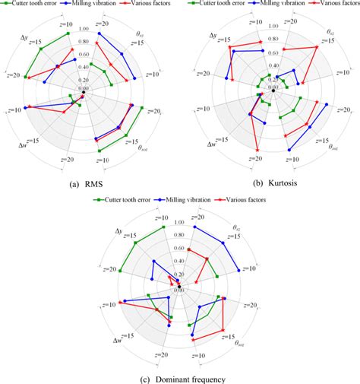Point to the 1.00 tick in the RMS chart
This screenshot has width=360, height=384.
pos(83,30)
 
